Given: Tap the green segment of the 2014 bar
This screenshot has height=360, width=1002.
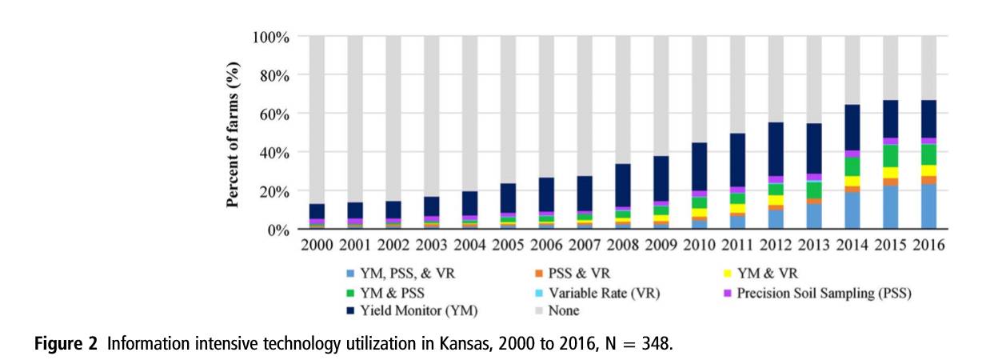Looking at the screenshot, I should click(852, 166).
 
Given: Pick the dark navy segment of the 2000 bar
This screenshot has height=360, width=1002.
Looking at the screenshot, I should click(317, 211).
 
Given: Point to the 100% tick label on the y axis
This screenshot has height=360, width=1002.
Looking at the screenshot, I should click(270, 37).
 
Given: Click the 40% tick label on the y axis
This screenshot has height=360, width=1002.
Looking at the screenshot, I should click(274, 152).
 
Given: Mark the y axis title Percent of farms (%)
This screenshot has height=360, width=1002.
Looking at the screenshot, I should click(234, 133).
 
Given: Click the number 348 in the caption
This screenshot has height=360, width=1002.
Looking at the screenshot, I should click(658, 345).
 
